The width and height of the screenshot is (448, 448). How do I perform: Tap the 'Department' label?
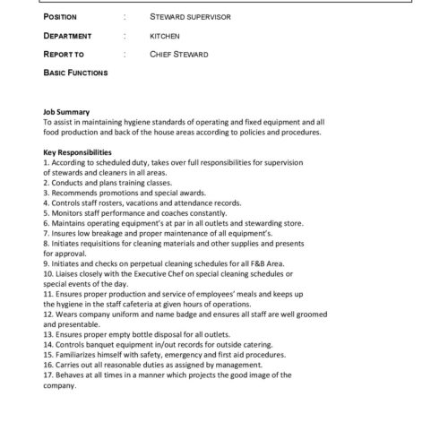[68, 36]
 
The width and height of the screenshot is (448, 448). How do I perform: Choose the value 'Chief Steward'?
[180, 54]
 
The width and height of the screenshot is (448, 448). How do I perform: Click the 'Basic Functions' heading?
[75, 72]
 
